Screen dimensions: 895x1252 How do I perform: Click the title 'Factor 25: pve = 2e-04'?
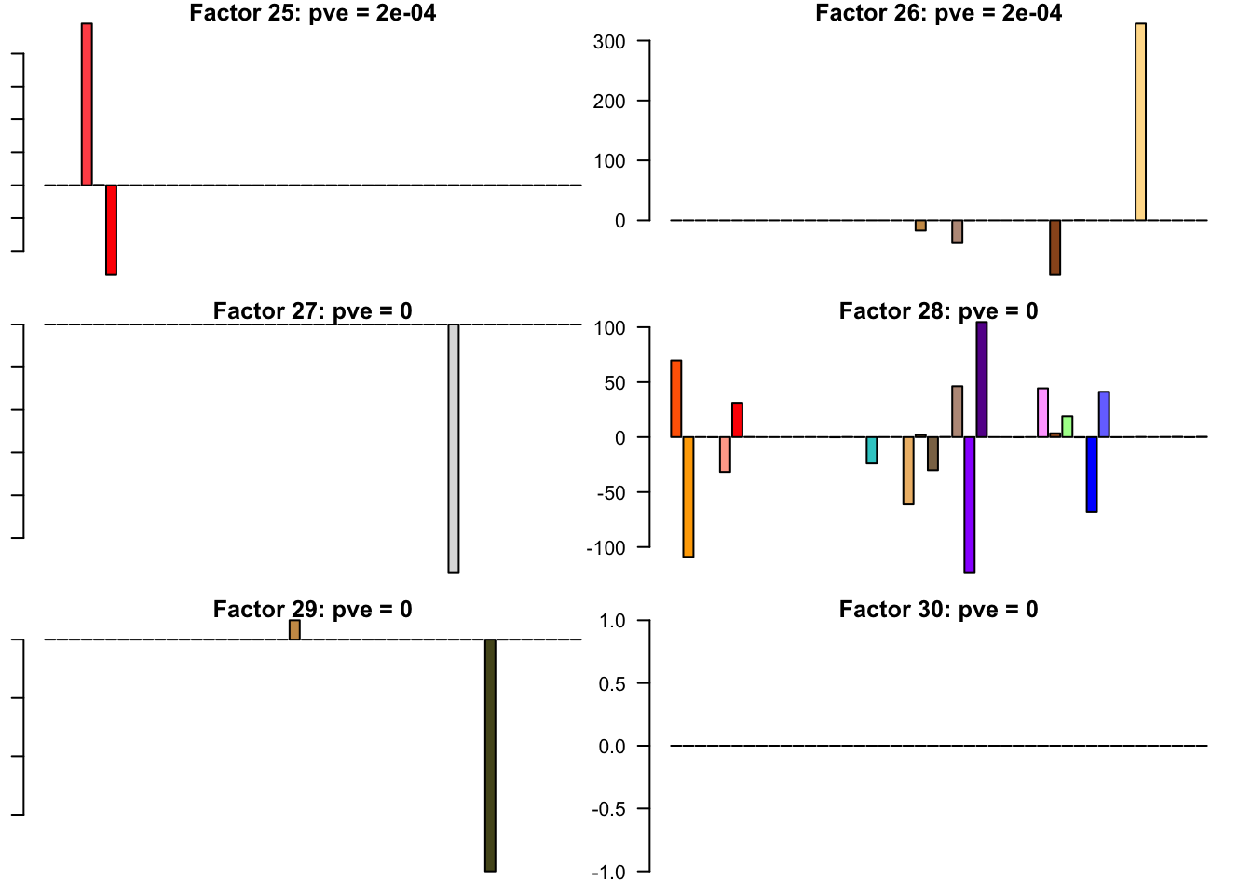pos(312,13)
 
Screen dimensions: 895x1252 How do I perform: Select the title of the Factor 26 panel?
pos(938,13)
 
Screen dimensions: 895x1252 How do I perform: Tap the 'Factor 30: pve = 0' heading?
pos(938,610)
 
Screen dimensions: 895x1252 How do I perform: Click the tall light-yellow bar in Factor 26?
pos(1140,121)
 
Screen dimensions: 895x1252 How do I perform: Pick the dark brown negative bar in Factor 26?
pos(1055,247)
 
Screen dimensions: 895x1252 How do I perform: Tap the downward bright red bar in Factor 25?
pos(111,229)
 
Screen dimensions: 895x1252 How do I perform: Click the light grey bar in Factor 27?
pos(454,447)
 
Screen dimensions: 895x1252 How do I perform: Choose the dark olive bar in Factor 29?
pos(490,755)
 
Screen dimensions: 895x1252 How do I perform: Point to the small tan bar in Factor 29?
pos(294,630)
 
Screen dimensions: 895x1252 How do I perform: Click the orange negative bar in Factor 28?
pos(688,496)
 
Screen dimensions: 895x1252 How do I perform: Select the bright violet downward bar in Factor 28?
pos(969,504)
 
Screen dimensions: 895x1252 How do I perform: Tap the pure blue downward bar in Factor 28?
pos(1092,474)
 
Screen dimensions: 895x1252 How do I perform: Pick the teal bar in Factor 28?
pos(871,450)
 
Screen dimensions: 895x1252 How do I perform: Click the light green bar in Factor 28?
pos(1068,426)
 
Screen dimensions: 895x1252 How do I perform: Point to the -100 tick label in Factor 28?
pos(606,548)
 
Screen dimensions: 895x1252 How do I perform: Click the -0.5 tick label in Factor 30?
pos(608,809)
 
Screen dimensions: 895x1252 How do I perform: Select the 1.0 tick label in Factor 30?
pos(612,621)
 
